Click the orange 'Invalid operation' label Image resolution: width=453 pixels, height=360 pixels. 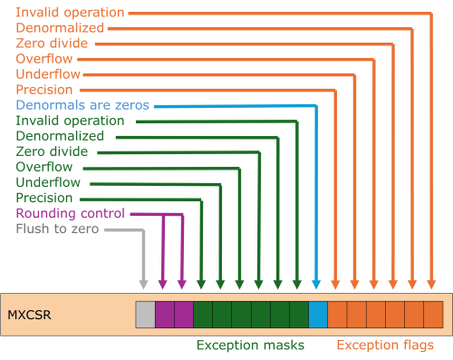[70, 13]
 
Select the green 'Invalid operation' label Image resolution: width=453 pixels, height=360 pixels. [70, 121]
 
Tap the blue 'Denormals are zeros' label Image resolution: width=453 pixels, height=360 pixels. [82, 105]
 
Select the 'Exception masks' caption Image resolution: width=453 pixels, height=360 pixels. [250, 345]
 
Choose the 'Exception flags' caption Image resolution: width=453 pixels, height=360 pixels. [392, 345]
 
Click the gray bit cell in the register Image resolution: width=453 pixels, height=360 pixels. [145, 314]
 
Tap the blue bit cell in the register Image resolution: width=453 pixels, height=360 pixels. [317, 314]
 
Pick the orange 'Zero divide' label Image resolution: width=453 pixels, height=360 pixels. [52, 44]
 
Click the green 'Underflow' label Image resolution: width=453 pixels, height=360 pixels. [48, 182]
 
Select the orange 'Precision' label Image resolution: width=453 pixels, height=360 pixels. [44, 90]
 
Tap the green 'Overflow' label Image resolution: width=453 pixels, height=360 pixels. [44, 167]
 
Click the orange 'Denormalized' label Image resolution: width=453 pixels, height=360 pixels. [60, 28]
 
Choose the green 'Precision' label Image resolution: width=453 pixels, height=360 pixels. [44, 198]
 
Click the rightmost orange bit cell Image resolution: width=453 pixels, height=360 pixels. [433, 314]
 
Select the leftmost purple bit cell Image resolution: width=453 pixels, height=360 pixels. [164, 314]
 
